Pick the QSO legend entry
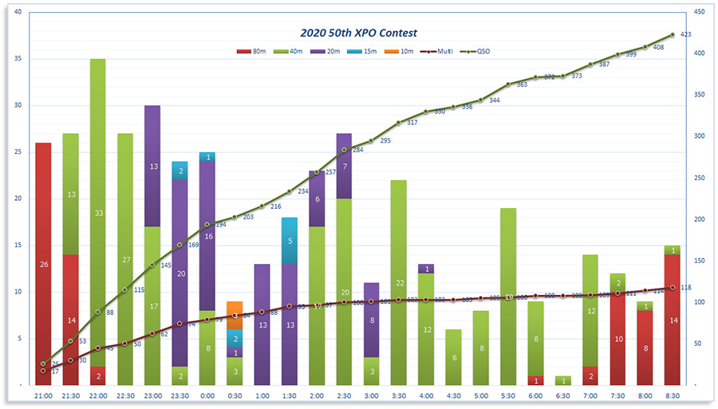click(x=475, y=52)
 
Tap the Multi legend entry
click(x=437, y=52)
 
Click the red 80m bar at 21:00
click(x=43, y=264)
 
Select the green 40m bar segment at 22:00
click(x=97, y=213)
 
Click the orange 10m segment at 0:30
click(x=235, y=310)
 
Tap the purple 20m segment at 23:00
click(x=152, y=166)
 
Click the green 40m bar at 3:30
click(x=399, y=282)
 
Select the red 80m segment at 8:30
click(x=673, y=320)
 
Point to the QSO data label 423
click(x=685, y=34)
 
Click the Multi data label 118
click(x=685, y=288)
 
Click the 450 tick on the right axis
click(x=697, y=13)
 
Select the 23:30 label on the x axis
click(x=179, y=395)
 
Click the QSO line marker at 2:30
click(x=344, y=150)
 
